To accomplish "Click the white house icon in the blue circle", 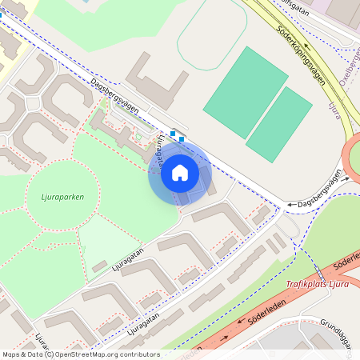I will pyautogui.click(x=180, y=172).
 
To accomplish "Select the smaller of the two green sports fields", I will pyautogui.click(x=279, y=123).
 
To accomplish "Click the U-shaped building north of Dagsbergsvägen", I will pyautogui.click(x=157, y=83).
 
